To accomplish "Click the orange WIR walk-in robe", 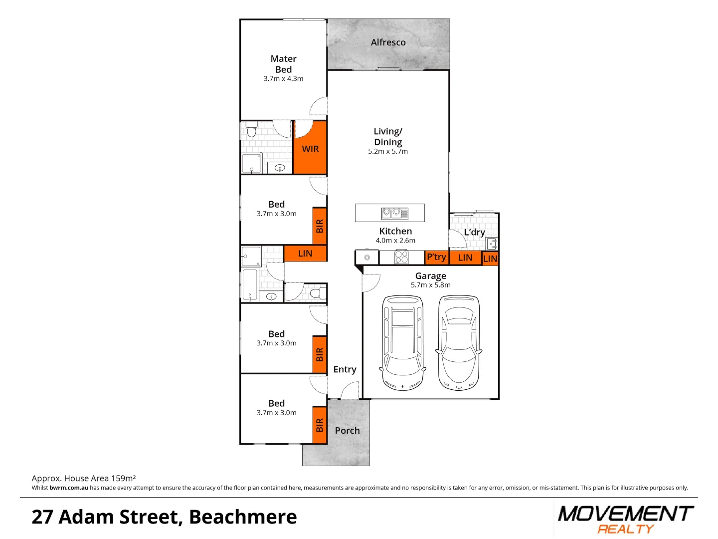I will point(310,149).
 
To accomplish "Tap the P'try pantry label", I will point(436,257).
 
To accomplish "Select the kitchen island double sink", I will point(395,214).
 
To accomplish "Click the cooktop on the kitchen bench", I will point(401,257).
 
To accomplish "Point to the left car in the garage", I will point(402,343).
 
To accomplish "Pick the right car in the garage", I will point(459,343).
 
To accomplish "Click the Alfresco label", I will point(388,43).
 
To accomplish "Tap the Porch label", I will point(347,431).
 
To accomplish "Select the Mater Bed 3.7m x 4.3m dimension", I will point(283,79).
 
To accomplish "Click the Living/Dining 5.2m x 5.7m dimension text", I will point(388,152).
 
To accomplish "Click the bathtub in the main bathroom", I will point(250,284).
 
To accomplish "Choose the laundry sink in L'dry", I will point(492,244).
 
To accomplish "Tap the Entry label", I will point(345,369).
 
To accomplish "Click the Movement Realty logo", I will point(625,519).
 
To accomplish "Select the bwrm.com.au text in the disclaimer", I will point(69,488).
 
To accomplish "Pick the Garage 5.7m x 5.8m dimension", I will point(430,285).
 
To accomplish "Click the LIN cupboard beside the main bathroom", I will point(305,254).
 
